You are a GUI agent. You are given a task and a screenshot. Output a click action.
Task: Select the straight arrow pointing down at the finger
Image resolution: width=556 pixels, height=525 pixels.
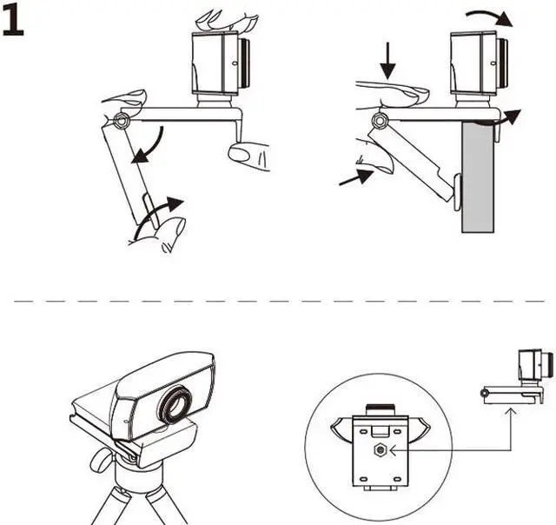tap(388, 60)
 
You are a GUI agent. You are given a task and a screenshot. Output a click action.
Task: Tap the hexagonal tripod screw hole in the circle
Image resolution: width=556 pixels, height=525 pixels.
tap(380, 449)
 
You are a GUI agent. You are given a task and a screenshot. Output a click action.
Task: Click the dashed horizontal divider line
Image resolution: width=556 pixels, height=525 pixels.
tap(278, 301)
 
